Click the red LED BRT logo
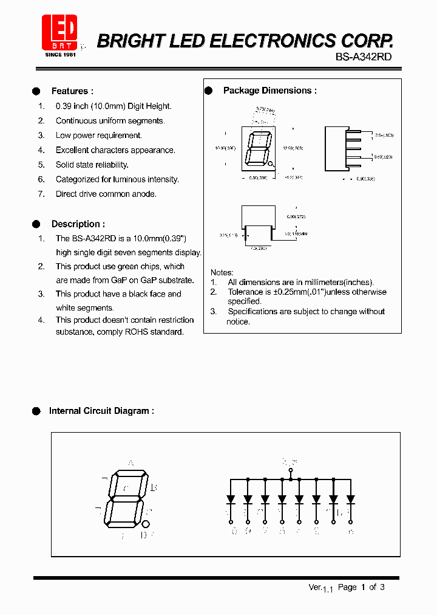pos(59,32)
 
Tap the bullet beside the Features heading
pos(36,91)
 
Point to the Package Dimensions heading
pos(269,91)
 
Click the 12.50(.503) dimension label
pos(293,148)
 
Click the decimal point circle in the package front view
pos(271,163)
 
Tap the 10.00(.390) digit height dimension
pos(225,148)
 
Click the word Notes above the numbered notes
pos(222,272)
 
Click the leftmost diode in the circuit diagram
pos(231,498)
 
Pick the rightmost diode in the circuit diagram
pos(350,498)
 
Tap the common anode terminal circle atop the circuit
pos(291,470)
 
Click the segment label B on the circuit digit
pos(154,487)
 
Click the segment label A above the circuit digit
pos(130,463)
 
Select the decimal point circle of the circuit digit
pos(146,524)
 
